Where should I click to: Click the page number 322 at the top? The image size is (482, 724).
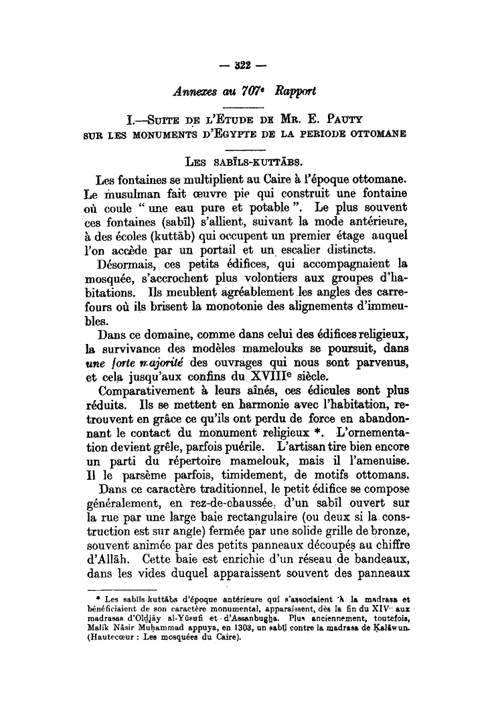pos(240,67)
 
